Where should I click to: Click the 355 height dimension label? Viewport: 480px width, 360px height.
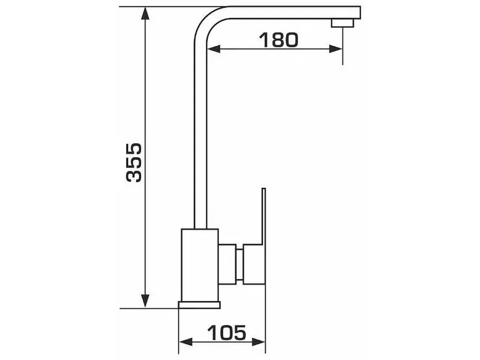(134, 162)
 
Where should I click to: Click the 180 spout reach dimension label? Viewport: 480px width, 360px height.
(278, 40)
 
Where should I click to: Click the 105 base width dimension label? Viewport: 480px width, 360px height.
(227, 332)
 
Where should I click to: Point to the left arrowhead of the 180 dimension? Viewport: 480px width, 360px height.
(214, 48)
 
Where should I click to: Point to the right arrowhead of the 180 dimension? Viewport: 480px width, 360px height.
(336, 48)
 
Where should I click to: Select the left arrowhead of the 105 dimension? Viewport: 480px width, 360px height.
(185, 342)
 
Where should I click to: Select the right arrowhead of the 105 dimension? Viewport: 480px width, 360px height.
(258, 342)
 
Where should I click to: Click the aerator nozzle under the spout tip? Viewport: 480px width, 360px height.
(342, 23)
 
